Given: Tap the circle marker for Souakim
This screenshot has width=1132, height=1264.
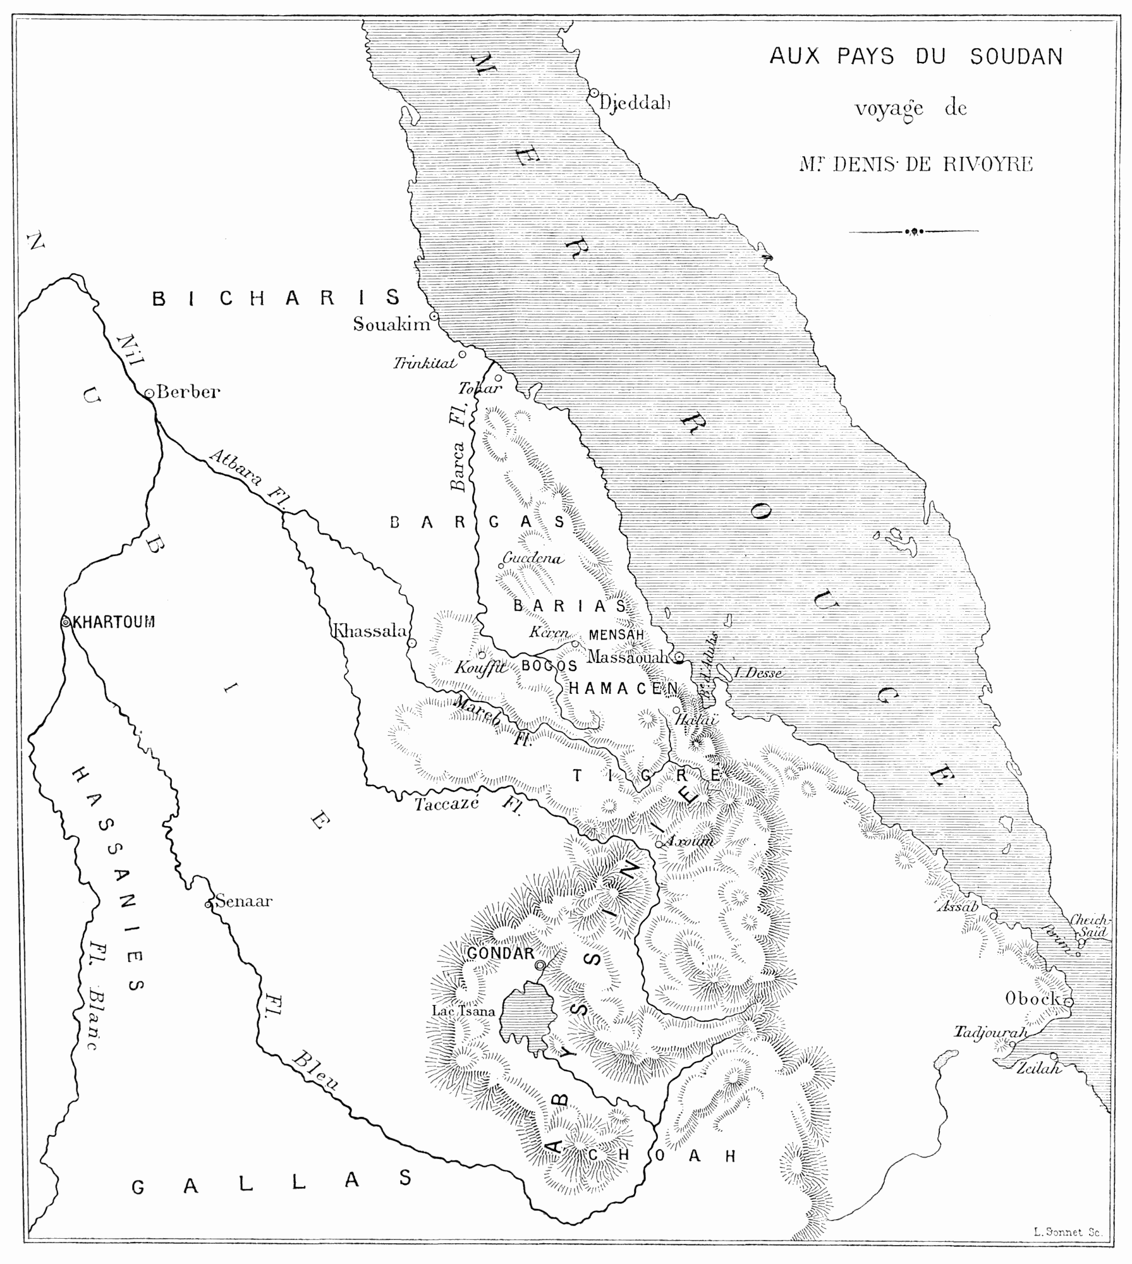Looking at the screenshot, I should point(434,315).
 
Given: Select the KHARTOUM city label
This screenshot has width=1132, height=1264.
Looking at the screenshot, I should point(114,622).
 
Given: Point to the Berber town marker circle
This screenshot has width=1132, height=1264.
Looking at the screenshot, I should point(149,393).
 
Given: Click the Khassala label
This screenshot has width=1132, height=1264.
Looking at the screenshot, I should point(369,631).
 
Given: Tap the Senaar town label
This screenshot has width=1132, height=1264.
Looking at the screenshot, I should point(243,901).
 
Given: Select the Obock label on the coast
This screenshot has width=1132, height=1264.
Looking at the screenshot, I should point(1032,999).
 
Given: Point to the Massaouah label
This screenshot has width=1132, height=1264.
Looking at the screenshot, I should point(627,657).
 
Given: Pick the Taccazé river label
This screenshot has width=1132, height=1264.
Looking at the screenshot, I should point(446,805).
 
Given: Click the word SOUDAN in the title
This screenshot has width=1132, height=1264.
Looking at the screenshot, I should point(1016,58).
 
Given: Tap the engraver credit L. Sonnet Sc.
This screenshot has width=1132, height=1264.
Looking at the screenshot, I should point(1068,1232).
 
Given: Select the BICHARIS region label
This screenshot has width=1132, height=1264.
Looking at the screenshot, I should point(277,298).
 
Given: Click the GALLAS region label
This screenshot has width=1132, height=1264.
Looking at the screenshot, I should point(272,1183).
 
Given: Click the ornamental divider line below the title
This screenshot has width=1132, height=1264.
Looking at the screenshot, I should point(913,231).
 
